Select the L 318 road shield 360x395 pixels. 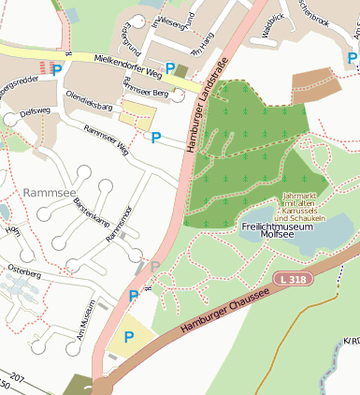click(294, 280)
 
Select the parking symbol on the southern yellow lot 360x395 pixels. click(129, 336)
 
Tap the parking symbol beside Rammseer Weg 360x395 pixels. click(155, 138)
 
